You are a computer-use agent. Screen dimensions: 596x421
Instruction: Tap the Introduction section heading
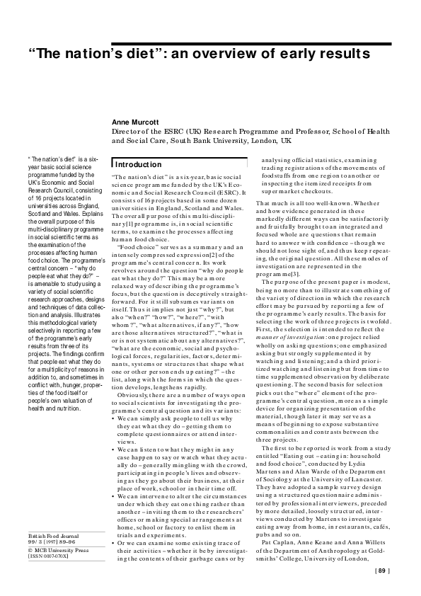click(x=139, y=164)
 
